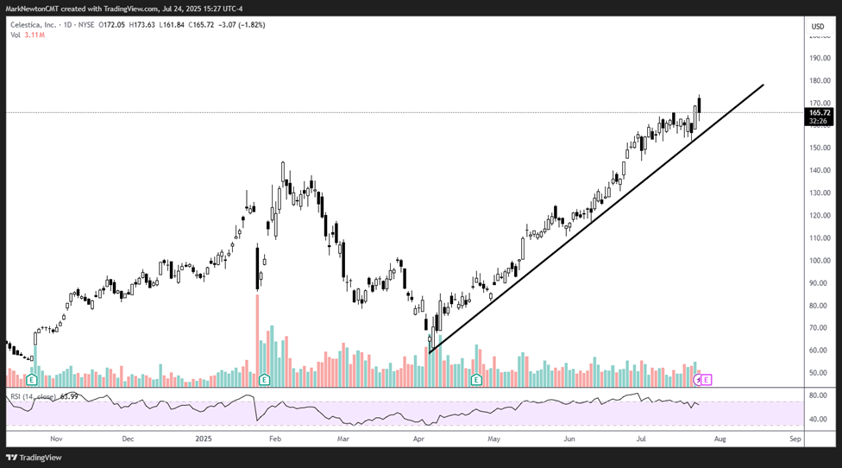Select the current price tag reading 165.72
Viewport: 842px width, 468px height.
[820, 113]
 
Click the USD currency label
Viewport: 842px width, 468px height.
[818, 27]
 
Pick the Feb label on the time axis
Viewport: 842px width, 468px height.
[275, 439]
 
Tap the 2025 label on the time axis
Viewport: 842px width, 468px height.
[203, 439]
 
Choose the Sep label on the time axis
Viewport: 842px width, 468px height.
[795, 439]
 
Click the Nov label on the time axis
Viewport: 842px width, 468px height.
[57, 439]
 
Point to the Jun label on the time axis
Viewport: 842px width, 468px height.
[569, 439]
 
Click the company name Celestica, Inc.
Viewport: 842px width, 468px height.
[31, 25]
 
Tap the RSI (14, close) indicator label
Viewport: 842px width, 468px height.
[35, 397]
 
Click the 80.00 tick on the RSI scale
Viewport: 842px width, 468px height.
[818, 396]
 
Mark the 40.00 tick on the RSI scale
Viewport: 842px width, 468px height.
[818, 420]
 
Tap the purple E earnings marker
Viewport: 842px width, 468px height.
[707, 380]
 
